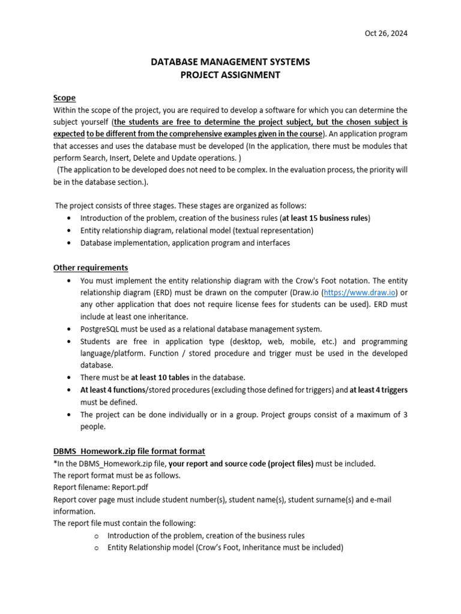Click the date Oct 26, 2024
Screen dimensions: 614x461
(386, 34)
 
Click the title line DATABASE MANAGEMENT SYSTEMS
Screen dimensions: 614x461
(230, 62)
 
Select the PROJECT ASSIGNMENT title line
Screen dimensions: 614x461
(230, 75)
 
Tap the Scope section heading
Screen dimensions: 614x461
(64, 98)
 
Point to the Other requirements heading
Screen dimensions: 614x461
(91, 267)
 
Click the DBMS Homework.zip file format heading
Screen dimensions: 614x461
(129, 451)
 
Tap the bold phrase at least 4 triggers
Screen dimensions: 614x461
(379, 390)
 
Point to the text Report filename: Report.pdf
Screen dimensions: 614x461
(100, 487)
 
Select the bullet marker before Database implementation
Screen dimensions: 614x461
(71, 243)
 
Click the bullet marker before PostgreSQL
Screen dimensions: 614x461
(71, 329)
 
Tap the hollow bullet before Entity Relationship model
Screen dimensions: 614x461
(95, 547)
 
